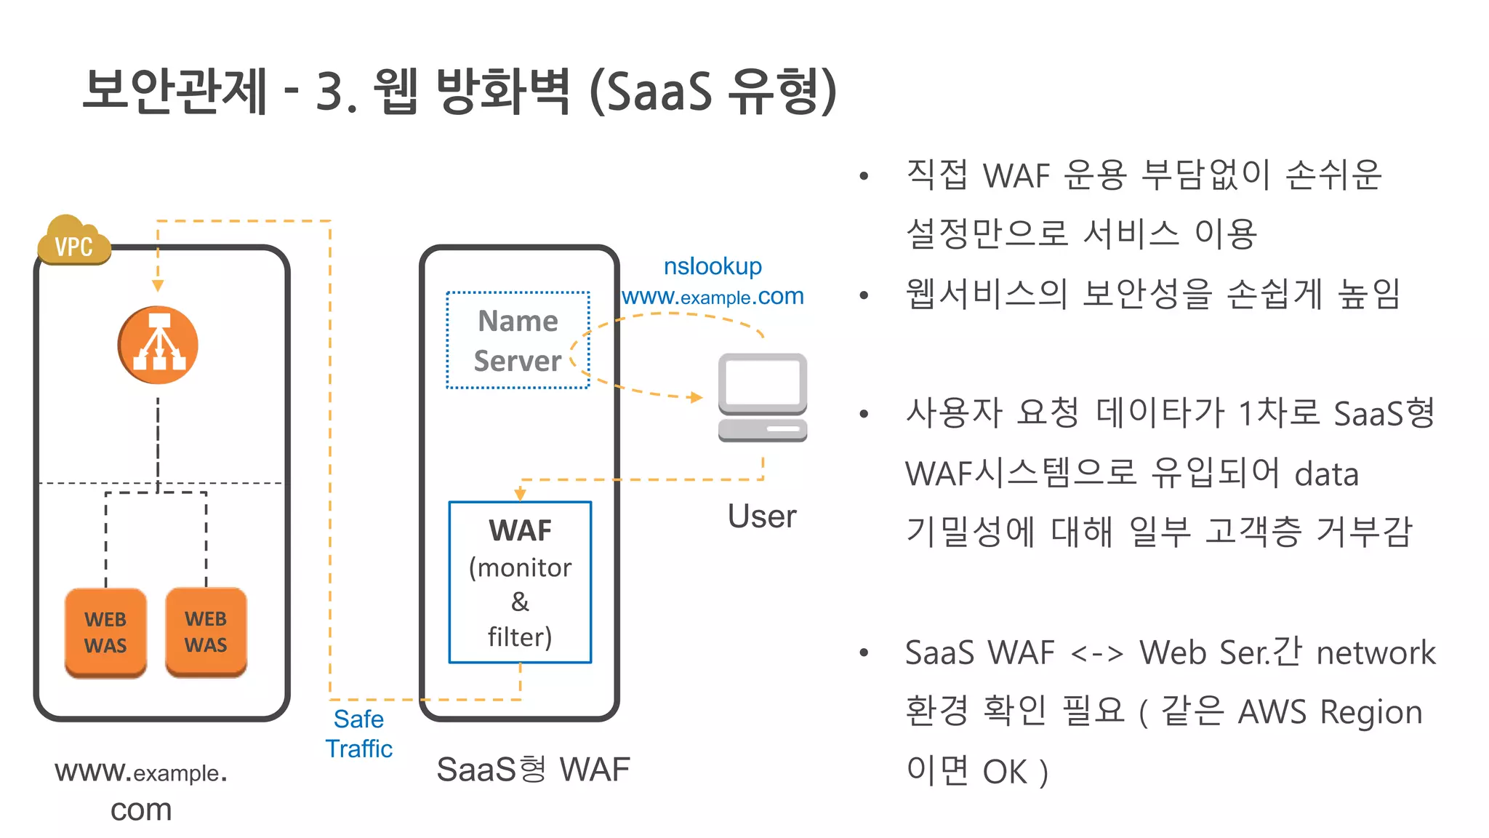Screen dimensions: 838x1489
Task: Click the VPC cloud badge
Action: tap(73, 242)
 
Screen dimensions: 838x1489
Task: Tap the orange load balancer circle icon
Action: tap(158, 345)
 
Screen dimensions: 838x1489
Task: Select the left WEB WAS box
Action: tap(105, 632)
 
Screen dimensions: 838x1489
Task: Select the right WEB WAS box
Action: tap(206, 631)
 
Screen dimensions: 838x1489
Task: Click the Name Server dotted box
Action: tap(518, 340)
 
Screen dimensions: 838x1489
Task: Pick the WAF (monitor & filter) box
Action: tap(520, 582)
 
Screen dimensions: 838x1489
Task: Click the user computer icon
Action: tap(762, 397)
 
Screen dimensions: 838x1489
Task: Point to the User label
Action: tap(761, 516)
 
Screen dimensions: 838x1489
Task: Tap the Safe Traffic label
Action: tap(358, 733)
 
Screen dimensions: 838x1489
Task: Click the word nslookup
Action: tap(713, 266)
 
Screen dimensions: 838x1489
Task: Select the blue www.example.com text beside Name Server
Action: tap(713, 297)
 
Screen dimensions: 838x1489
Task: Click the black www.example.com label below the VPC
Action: tap(141, 790)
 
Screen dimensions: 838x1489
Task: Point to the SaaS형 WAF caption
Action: tap(533, 769)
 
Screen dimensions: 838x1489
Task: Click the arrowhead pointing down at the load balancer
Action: tap(158, 286)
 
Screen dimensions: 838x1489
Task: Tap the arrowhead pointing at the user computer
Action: tap(696, 397)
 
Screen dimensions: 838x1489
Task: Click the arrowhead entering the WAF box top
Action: tap(520, 494)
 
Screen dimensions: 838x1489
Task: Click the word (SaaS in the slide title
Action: tap(651, 92)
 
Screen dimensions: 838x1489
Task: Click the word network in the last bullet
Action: tap(1376, 653)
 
